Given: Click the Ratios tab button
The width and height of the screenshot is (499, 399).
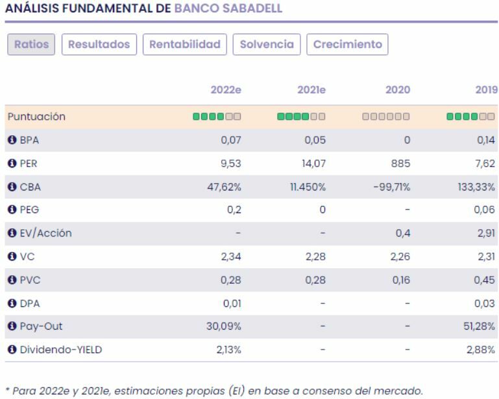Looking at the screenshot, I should click(31, 45).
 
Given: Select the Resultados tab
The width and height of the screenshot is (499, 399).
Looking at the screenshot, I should click(99, 45).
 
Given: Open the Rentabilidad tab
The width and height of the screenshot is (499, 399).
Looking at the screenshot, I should click(185, 45).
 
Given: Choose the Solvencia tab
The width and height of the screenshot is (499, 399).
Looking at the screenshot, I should click(267, 45).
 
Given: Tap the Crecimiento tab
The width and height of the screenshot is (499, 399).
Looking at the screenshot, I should click(347, 45).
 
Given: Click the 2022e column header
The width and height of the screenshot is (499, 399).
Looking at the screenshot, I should click(226, 90).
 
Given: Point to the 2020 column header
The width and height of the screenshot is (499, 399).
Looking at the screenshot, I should click(398, 90).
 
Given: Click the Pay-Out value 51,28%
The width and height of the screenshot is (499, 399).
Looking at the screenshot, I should click(478, 326).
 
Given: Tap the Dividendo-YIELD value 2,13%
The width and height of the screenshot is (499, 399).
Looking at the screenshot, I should click(228, 350).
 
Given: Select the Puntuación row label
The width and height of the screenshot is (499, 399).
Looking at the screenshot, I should click(36, 117).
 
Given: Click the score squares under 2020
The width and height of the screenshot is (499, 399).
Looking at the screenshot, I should click(386, 117).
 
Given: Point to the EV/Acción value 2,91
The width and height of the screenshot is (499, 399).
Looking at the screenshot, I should click(486, 233).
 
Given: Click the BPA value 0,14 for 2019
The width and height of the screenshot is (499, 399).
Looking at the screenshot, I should click(486, 140).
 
